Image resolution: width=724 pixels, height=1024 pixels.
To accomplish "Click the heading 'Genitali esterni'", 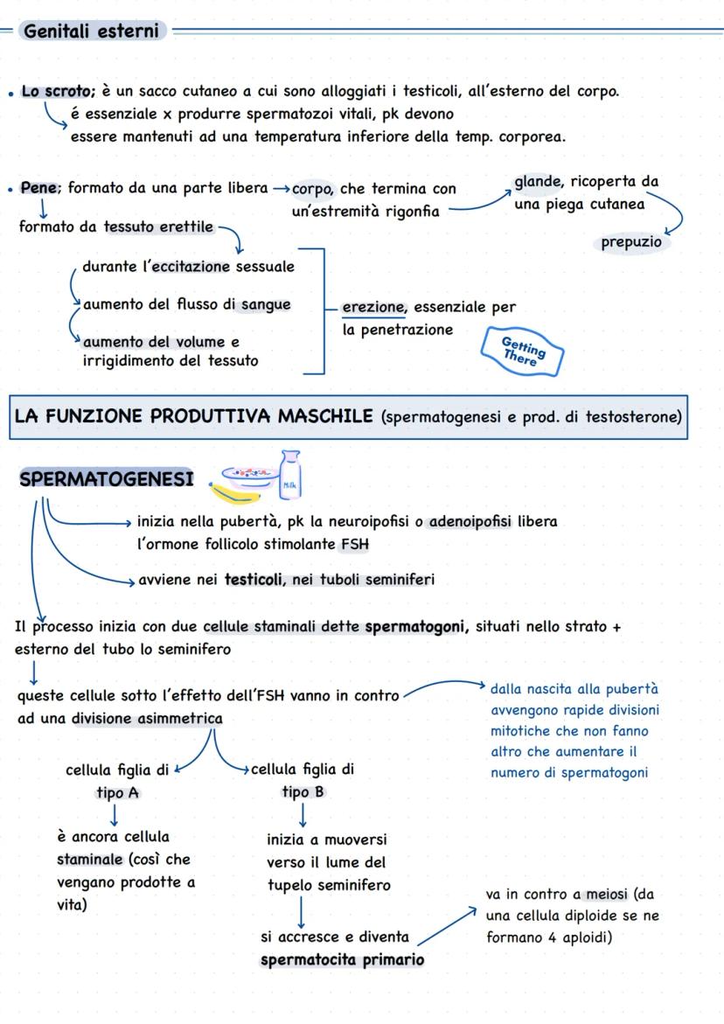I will pyautogui.click(x=92, y=31).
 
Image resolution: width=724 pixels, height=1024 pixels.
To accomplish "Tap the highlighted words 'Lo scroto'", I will pyautogui.click(x=58, y=92).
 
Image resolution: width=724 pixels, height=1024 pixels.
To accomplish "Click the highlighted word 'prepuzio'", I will pyautogui.click(x=631, y=242).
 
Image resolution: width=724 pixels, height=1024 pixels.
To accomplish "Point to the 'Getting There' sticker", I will pyautogui.click(x=523, y=352).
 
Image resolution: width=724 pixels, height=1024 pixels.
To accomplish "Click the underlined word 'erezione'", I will pyautogui.click(x=374, y=307).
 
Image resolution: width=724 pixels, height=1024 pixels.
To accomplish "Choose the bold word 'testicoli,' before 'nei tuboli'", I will pyautogui.click(x=254, y=579).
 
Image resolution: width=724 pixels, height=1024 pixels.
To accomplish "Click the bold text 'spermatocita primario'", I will pyautogui.click(x=342, y=959).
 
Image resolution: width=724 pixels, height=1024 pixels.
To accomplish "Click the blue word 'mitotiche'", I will pyautogui.click(x=522, y=731).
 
